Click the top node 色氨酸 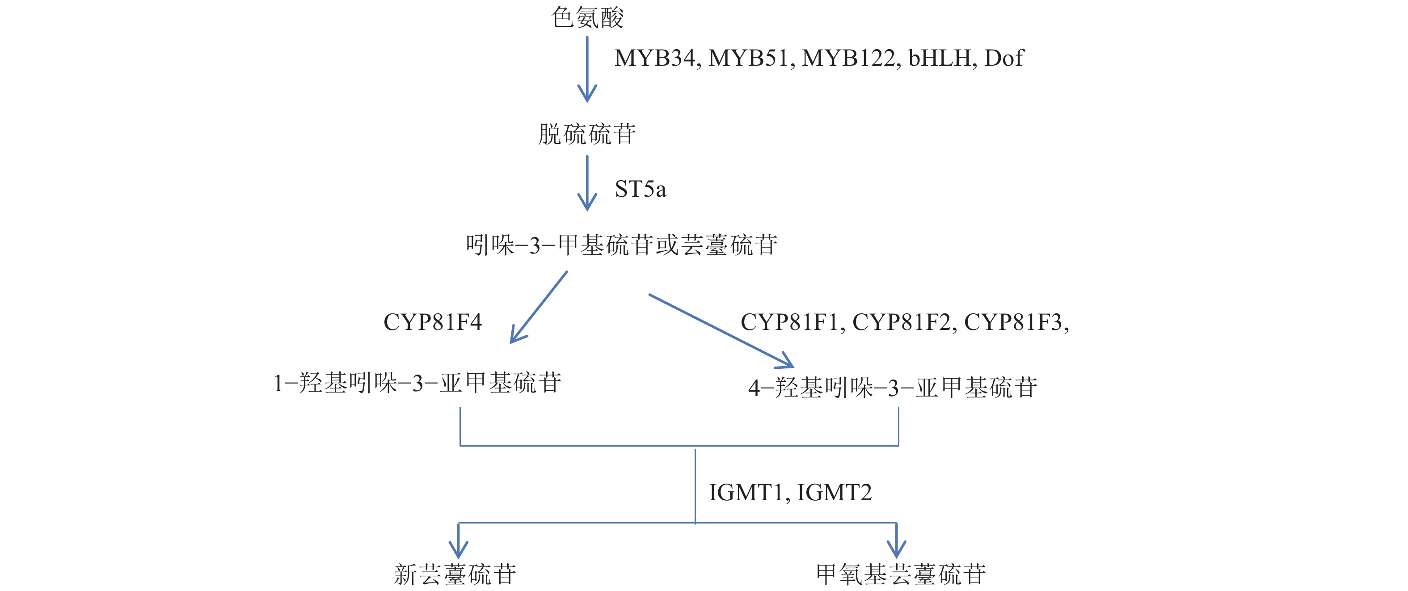588,17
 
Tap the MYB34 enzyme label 657,58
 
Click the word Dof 1003,58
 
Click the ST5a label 640,189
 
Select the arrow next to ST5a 587,183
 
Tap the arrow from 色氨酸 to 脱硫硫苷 587,68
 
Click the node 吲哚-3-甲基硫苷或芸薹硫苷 621,245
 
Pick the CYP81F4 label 432,322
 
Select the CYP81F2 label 903,322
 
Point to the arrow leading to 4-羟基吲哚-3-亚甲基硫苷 721,331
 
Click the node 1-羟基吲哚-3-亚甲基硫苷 417,383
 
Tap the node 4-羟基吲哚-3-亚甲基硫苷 893,388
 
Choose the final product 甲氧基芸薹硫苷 901,574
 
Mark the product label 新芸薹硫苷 455,574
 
